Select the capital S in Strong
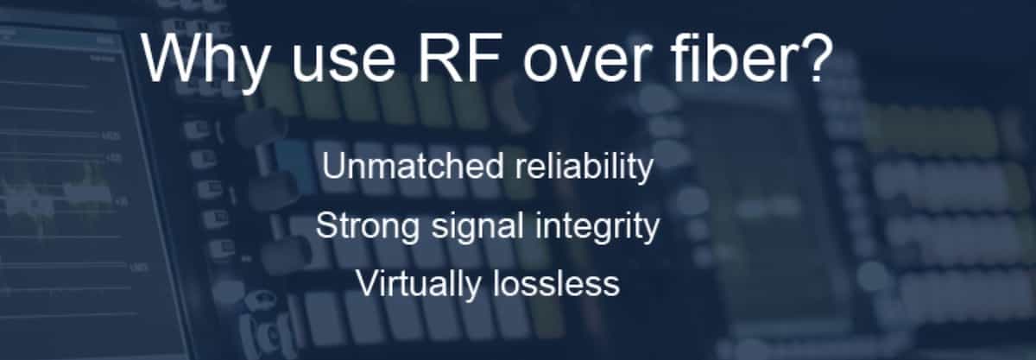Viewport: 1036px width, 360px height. click(325, 226)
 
